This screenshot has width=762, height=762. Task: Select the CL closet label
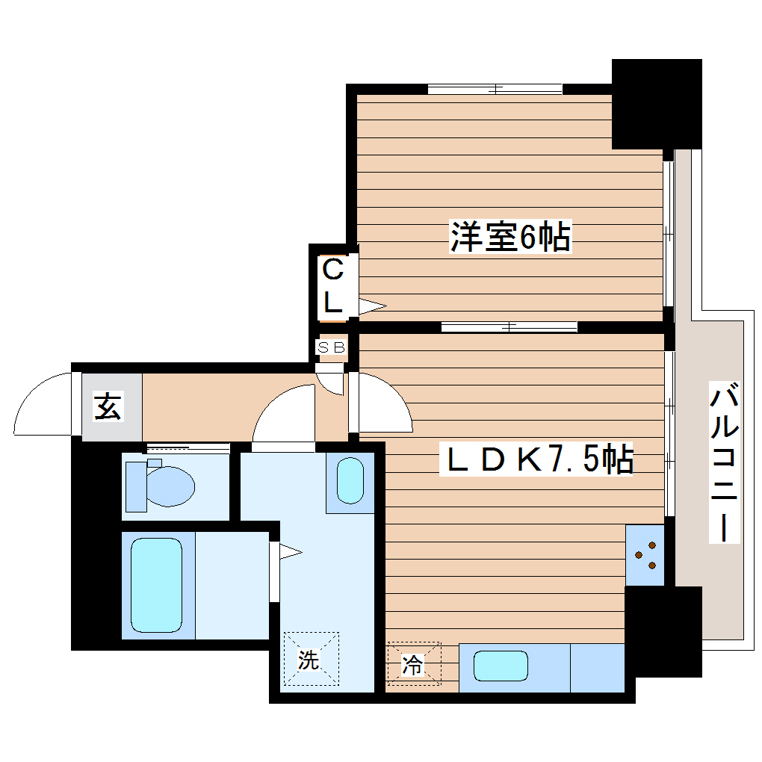333,285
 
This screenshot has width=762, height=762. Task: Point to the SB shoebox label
331,347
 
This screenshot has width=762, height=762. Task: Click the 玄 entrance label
108,407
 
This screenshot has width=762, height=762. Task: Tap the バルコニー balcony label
724,463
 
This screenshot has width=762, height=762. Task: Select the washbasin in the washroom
349,482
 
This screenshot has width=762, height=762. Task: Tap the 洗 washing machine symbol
310,659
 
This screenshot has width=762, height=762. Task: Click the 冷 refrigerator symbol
413,663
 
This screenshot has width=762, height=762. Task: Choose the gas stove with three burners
645,554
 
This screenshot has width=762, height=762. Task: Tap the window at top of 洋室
495,89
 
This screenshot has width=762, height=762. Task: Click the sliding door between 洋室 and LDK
509,326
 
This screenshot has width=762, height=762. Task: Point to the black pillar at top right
657,104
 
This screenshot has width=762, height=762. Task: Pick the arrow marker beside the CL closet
371,306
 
